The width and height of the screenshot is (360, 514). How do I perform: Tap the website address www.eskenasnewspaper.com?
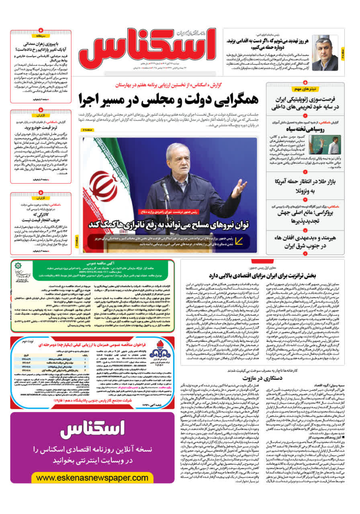[92, 478]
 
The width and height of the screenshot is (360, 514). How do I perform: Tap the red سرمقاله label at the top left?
[41, 36]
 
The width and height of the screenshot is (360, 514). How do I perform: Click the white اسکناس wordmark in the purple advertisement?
[92, 429]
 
